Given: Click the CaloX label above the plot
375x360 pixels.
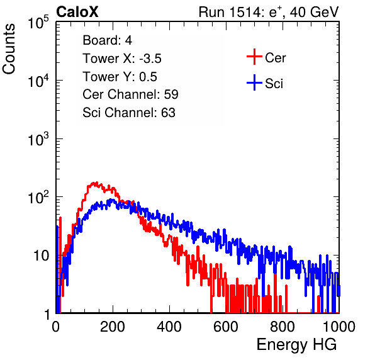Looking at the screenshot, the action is [77, 12].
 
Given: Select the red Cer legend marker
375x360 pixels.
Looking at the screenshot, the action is [254, 57].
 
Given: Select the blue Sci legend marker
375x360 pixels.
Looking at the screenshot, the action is [254, 83].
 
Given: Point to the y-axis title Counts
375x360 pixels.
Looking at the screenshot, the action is [9, 49].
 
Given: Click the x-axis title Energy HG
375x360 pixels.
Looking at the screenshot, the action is [296, 345].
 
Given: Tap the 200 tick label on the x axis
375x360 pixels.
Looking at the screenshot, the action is [113, 327].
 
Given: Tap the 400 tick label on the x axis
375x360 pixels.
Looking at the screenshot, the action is [169, 327].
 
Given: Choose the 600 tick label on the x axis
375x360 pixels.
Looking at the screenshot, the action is [226, 327].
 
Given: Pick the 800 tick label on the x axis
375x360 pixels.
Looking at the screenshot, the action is [283, 327].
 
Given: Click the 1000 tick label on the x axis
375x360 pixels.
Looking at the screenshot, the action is [339, 327].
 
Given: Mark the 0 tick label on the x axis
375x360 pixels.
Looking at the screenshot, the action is [56, 327].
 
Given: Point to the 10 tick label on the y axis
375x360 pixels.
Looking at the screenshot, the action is [42, 256].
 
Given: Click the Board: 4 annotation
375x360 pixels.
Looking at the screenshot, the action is [108, 40].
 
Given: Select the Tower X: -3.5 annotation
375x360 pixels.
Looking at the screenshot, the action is [122, 59].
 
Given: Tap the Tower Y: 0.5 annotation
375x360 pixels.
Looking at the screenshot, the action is [120, 77].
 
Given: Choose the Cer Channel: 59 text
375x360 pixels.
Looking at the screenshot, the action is [130, 94].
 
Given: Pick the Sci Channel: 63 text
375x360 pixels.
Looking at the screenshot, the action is [129, 113].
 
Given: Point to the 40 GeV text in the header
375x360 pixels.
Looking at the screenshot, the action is [314, 12].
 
